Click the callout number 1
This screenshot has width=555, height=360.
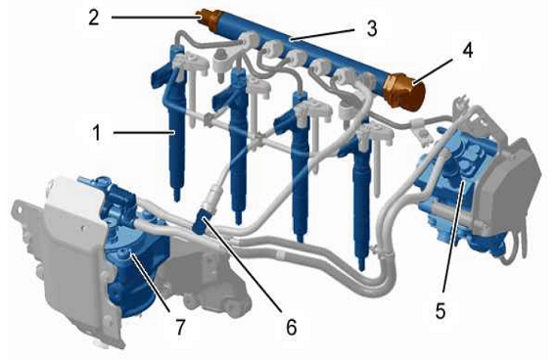pos(96,133)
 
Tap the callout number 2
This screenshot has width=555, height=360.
pos(94,17)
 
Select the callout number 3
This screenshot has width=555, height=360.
pos(372,28)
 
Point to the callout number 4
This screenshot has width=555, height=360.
pos(467,51)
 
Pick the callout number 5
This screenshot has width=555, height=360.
pos(440,311)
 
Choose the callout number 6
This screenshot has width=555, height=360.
pos(291,327)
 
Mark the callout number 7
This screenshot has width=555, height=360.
pos(180,327)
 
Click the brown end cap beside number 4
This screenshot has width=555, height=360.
pos(406,91)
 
